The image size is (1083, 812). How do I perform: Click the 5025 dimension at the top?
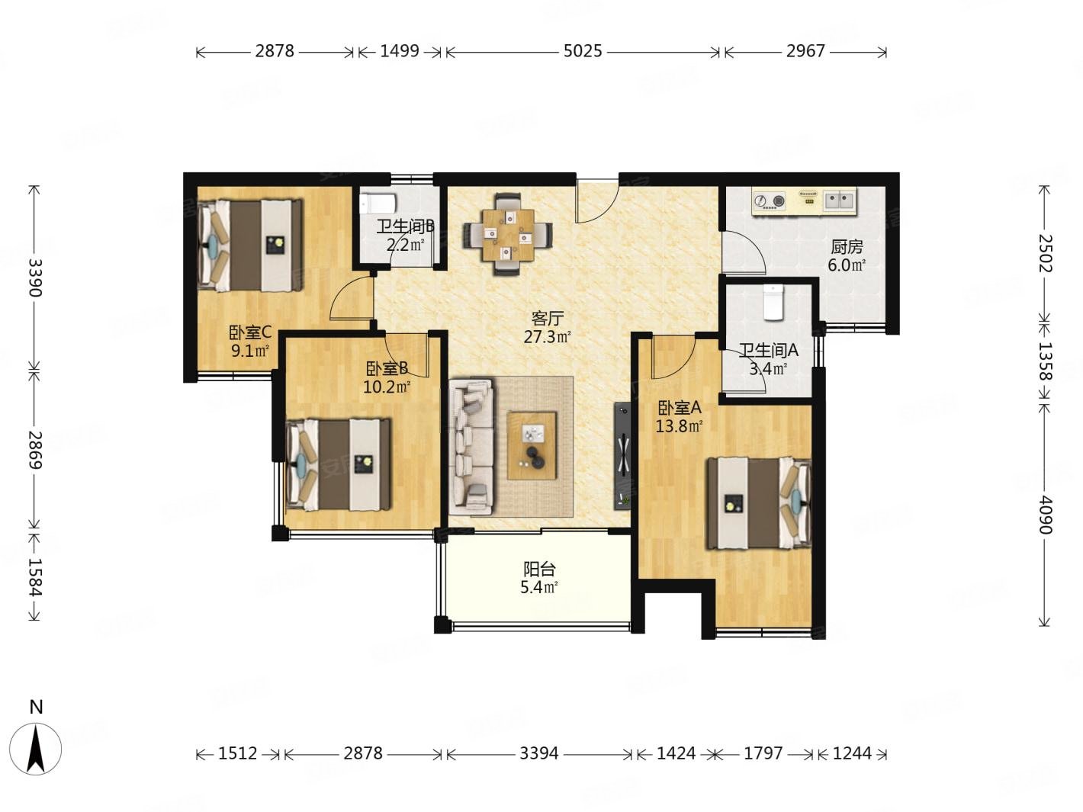(x=582, y=51)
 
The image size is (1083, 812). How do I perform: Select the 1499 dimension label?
(x=399, y=51)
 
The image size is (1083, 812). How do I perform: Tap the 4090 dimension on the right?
(x=1044, y=515)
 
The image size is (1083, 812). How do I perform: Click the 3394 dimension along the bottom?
(x=538, y=753)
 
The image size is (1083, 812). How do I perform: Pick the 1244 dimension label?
(x=852, y=753)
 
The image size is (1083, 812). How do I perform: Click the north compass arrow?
(x=36, y=749)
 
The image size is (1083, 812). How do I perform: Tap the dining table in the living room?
(x=508, y=235)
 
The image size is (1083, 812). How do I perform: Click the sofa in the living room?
(x=471, y=447)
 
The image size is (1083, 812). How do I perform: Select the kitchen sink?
(x=838, y=201)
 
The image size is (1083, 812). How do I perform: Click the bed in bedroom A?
(x=759, y=503)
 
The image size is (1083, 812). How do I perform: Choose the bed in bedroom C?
(x=249, y=245)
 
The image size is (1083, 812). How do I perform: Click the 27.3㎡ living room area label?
(x=547, y=337)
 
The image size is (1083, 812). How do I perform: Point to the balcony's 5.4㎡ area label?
(x=538, y=587)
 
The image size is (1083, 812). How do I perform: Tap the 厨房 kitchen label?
(x=847, y=247)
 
